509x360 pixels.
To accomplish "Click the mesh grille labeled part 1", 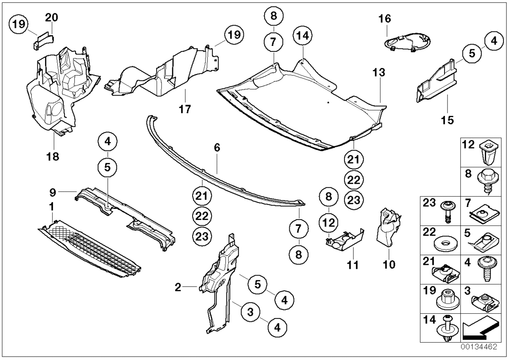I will click(91, 246).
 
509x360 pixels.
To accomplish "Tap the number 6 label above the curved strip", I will click(217, 149).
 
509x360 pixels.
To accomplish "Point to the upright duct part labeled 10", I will click(389, 227).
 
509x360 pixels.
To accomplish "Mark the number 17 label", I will click(185, 109).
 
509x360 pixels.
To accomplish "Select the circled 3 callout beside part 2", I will click(251, 312).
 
